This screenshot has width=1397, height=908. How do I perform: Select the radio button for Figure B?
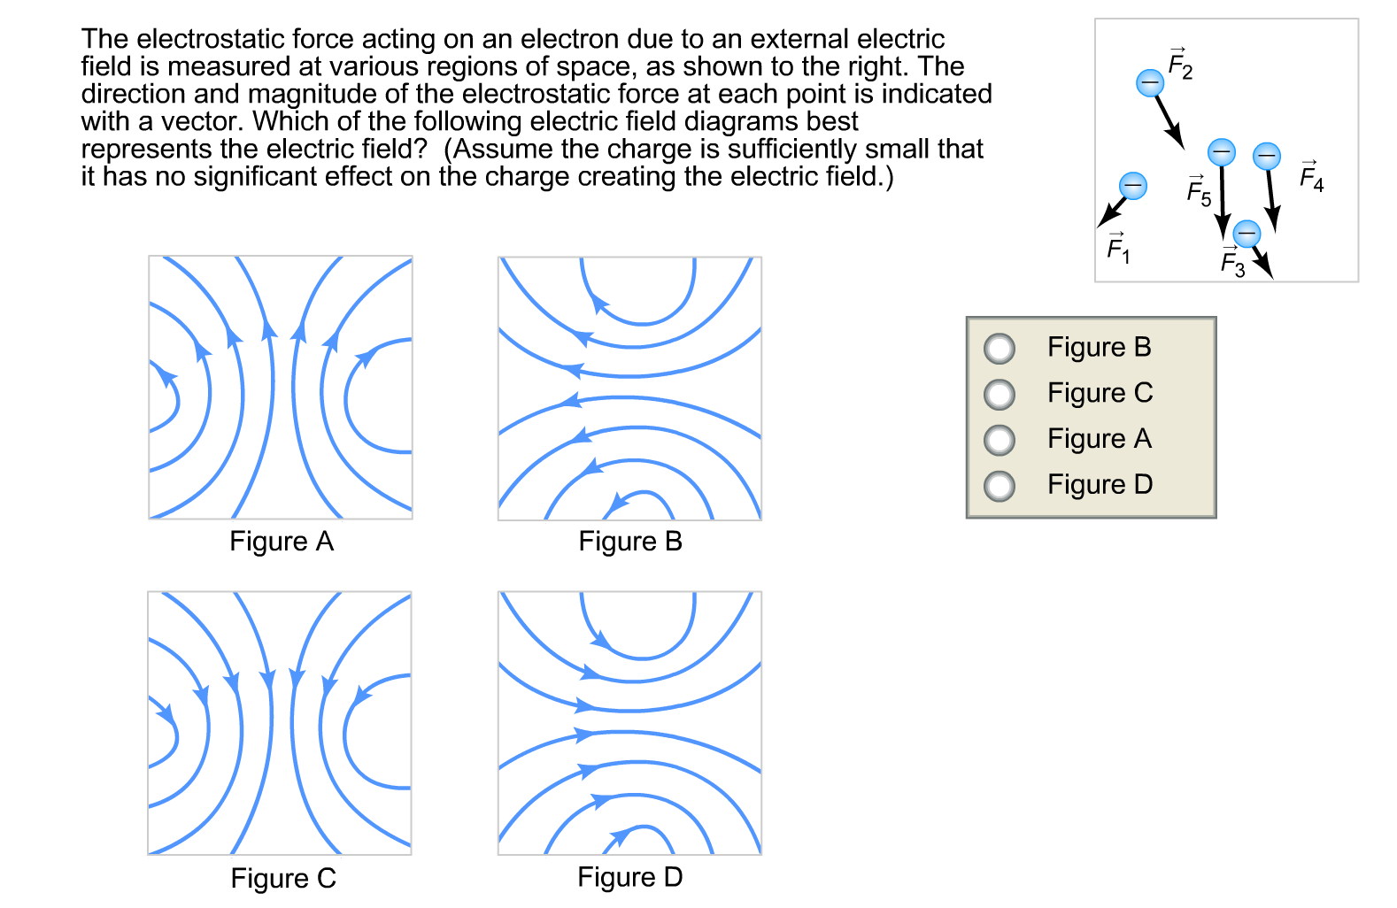point(1000,349)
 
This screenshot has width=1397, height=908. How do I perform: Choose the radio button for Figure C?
point(1000,394)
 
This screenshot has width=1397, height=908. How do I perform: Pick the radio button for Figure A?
point(1000,440)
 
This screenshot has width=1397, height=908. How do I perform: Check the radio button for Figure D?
point(1000,486)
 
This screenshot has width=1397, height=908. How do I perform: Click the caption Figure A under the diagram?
point(281,542)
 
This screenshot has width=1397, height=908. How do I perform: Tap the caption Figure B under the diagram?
point(629,542)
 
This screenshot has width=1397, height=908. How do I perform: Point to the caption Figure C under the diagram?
point(282,879)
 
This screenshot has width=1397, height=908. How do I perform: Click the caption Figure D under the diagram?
point(629,878)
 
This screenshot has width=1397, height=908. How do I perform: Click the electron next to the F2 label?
point(1149,83)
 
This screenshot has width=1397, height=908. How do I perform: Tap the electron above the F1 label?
point(1132,186)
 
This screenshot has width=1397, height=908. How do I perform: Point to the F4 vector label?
point(1311,177)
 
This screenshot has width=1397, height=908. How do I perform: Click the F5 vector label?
point(1199,191)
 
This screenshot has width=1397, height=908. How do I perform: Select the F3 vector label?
point(1232,262)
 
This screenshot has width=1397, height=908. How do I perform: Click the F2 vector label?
point(1180,65)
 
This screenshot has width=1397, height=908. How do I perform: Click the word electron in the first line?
point(569,40)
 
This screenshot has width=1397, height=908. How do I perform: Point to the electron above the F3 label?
point(1246,234)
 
